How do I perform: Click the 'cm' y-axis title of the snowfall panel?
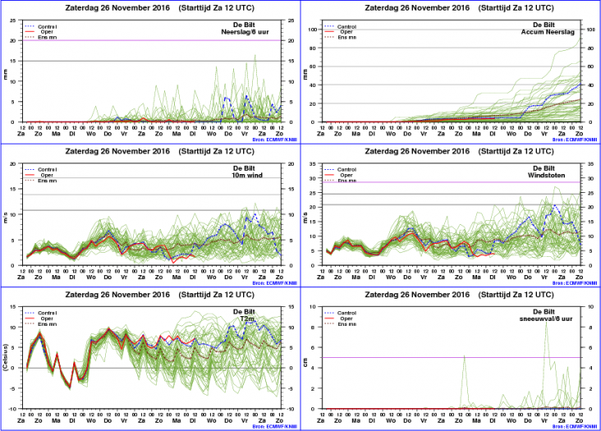coord(305,358)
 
